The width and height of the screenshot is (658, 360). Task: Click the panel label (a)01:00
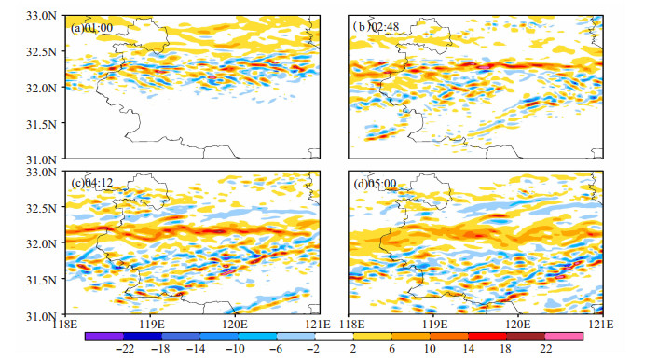tap(91, 28)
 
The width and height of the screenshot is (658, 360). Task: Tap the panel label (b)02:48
tap(376, 27)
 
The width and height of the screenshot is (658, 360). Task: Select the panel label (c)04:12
tap(92, 183)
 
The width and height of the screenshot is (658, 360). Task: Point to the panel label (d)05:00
tap(375, 184)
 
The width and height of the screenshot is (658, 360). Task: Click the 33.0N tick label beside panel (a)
tap(41, 16)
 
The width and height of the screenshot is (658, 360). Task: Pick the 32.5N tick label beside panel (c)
tap(41, 208)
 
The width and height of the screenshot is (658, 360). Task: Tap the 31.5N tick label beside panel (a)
tap(41, 124)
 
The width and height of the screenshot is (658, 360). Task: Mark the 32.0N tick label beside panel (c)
tap(41, 243)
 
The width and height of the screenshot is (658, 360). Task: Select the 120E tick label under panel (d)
tap(519, 325)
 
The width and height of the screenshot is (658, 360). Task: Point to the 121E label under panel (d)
tap(602, 325)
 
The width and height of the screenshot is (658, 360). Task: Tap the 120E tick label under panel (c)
tap(235, 325)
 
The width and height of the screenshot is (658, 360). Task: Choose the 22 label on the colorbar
tap(545, 349)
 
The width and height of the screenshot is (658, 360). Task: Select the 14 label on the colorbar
tap(468, 349)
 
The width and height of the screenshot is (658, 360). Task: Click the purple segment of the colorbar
tap(104, 337)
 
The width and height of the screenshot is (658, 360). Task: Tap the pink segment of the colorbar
tap(564, 337)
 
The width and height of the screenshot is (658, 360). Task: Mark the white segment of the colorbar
tap(334, 337)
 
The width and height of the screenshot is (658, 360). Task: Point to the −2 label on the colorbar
tap(313, 349)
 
